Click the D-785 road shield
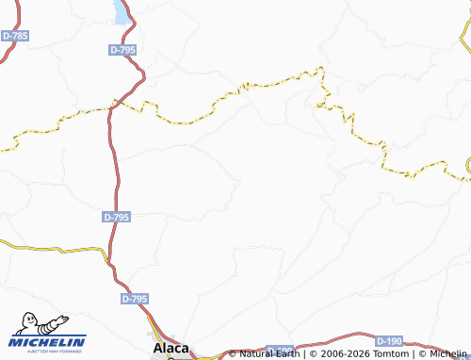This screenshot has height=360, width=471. click(x=15, y=36)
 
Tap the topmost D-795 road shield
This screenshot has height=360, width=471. click(x=123, y=50)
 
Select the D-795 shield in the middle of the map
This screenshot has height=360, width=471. click(x=116, y=217)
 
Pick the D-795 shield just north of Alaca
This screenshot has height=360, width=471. click(x=136, y=299)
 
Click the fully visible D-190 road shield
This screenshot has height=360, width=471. click(x=389, y=340)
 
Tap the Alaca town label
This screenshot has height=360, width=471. click(x=171, y=348)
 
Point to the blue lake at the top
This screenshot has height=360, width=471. click(x=122, y=12)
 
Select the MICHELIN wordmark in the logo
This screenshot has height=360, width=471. click(x=48, y=342)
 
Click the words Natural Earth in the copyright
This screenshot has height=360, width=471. click(x=268, y=353)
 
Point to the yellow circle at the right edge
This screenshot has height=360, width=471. click(x=468, y=168)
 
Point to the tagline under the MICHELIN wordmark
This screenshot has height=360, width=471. click(x=48, y=352)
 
